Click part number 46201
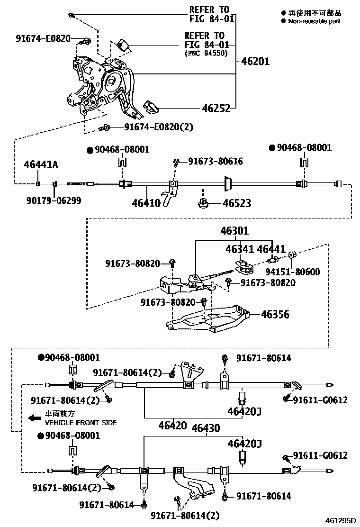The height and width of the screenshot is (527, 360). coord(255,62)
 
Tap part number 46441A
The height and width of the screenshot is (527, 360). coord(41,164)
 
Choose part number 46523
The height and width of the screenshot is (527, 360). coord(237,204)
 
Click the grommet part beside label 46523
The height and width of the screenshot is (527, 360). coord(203,204)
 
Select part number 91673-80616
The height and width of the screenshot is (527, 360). coord(216,162)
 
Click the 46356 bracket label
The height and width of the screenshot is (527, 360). coord(275,314)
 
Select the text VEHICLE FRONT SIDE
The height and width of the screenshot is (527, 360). coord(81,423)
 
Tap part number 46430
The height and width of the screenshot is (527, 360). coord(206,428)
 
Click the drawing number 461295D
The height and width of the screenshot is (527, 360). coord(340,520)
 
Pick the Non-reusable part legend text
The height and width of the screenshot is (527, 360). coord(314,21)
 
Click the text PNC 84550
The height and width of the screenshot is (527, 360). coord(206,54)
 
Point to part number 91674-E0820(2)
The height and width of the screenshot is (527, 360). coord(159,127)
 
